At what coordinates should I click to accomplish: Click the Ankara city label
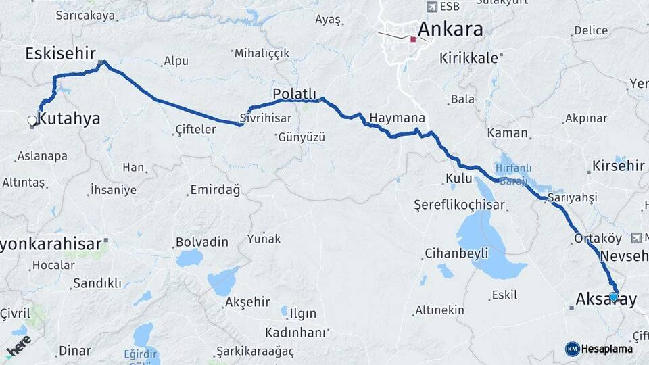[450, 29]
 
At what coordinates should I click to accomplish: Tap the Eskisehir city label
[60, 53]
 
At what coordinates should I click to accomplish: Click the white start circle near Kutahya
[32, 121]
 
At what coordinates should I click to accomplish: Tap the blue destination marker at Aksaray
[613, 297]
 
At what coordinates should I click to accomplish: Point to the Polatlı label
[294, 93]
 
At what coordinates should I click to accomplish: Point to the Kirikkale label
[468, 58]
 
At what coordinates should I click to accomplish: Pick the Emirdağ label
[215, 189]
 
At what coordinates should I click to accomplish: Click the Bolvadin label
[201, 241]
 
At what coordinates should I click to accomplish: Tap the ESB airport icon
[431, 7]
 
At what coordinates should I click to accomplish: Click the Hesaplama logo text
[606, 349]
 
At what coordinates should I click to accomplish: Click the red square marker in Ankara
[413, 39]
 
